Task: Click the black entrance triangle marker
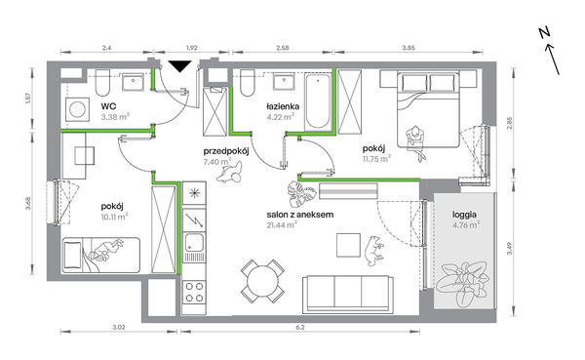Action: (179, 66)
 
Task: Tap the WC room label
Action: (108, 106)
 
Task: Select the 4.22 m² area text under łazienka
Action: (280, 117)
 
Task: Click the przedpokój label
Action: (226, 151)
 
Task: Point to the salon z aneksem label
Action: (300, 215)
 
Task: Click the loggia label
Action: (464, 215)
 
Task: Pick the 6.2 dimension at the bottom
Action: (300, 328)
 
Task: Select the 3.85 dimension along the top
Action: (409, 48)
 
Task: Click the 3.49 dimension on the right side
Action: (510, 249)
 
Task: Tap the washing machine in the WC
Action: (78, 109)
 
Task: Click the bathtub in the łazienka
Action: (318, 101)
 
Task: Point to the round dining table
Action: (262, 281)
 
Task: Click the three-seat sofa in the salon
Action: (348, 294)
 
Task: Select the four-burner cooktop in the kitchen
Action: (194, 292)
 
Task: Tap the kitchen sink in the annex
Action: (194, 242)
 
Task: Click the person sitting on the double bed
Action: (416, 141)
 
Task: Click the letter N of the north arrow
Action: (545, 33)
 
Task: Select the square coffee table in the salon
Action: (348, 245)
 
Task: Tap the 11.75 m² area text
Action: (376, 159)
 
